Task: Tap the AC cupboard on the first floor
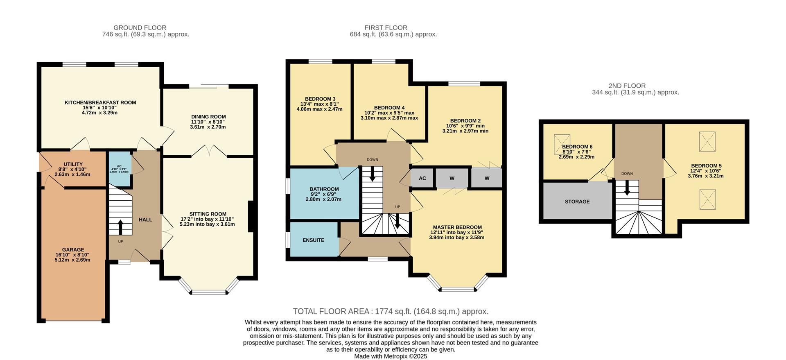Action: click(422, 178)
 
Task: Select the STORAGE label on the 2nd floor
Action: click(577, 202)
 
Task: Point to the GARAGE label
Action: click(73, 249)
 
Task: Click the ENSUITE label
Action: click(313, 240)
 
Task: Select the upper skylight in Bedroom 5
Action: click(707, 142)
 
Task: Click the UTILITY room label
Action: click(73, 164)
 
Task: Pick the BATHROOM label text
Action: click(324, 189)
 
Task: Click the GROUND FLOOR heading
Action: click(140, 28)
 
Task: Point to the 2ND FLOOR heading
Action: click(627, 86)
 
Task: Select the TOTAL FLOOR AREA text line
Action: click(391, 311)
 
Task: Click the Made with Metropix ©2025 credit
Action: click(391, 356)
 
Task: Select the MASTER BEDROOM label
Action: click(457, 227)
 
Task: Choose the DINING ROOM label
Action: click(208, 117)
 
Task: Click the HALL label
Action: click(145, 220)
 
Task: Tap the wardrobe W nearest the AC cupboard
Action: click(452, 178)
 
